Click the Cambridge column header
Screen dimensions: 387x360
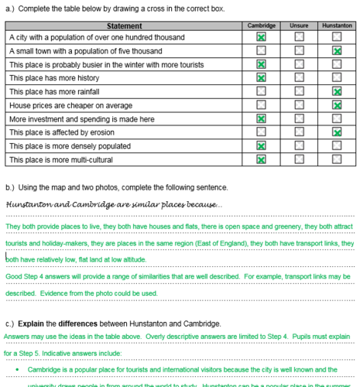tap(262, 26)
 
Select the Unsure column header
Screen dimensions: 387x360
tap(299, 26)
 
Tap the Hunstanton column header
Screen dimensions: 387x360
tap(337, 26)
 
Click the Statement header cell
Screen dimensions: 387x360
tap(124, 26)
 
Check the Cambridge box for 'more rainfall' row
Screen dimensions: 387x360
tap(262, 91)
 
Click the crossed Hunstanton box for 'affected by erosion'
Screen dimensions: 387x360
tap(337, 132)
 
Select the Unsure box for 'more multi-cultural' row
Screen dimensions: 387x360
tap(299, 159)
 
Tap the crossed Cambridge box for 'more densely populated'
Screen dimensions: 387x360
tap(262, 146)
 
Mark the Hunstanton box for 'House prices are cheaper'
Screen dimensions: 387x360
tap(337, 104)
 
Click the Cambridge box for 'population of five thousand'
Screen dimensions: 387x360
tap(262, 50)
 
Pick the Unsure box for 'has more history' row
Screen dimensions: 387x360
tap(299, 77)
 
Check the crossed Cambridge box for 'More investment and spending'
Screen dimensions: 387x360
tap(262, 118)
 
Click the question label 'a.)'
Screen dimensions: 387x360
tap(10, 9)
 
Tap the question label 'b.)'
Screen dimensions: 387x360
tap(10, 187)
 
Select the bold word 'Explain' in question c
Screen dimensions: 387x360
tap(30, 323)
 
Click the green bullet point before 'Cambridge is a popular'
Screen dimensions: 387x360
tap(17, 370)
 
